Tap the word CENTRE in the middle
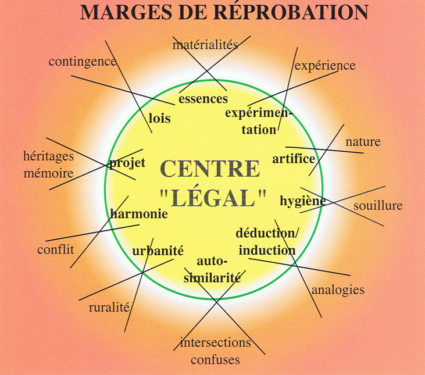point(210,169)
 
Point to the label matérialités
point(206,45)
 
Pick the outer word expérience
point(325,66)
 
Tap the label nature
point(363,142)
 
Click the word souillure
point(378,206)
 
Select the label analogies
point(338,290)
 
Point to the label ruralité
point(109,308)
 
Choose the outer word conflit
point(56,250)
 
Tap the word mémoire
point(48,173)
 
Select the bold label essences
point(203,99)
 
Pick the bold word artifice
point(294,159)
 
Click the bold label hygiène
point(302,201)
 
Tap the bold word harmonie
point(139,213)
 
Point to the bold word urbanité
point(158,251)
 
